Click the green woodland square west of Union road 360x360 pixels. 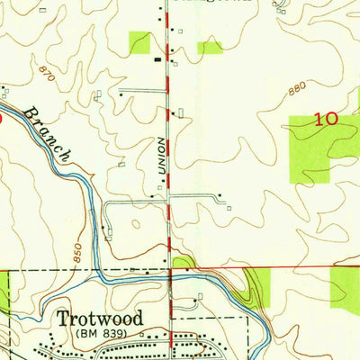139,42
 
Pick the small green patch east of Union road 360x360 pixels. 210,47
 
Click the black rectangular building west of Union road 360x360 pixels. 158,59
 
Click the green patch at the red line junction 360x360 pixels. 183,262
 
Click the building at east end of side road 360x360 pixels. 218,196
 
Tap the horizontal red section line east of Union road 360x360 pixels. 270,267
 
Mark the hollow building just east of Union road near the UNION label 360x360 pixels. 180,113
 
